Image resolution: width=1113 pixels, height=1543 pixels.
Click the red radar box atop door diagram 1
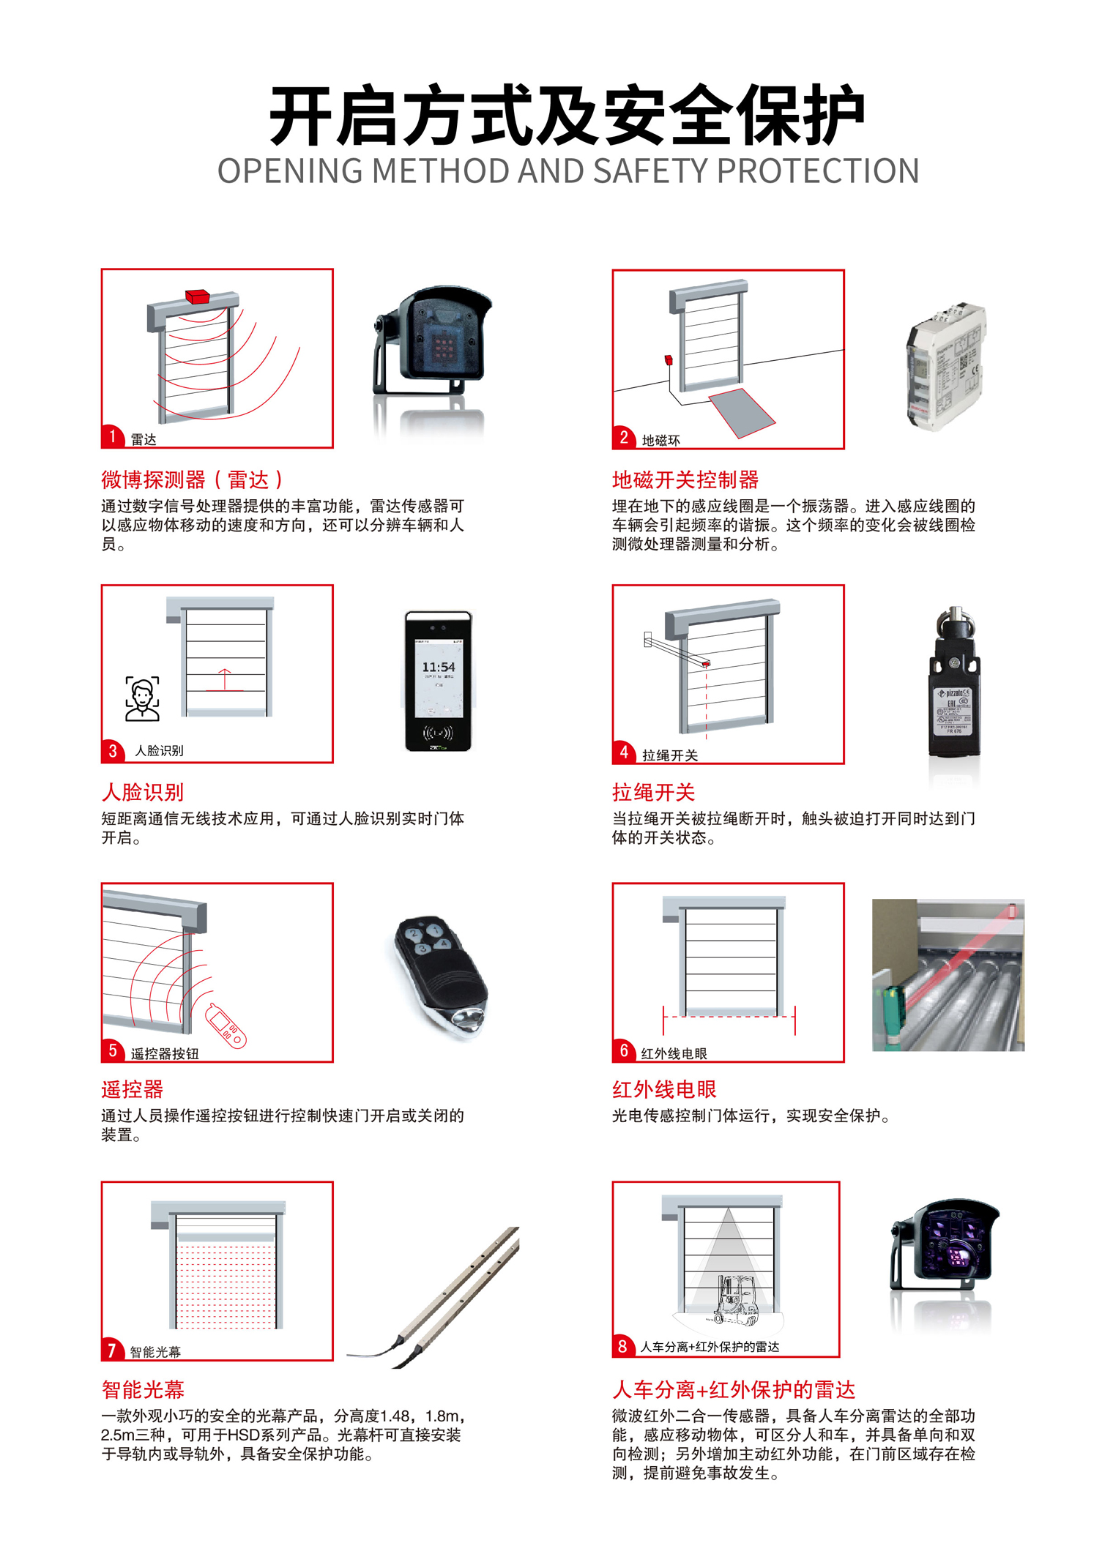[198, 296]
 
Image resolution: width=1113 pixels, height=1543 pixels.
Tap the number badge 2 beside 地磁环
[623, 438]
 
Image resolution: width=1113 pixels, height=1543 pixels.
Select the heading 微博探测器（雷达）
[192, 480]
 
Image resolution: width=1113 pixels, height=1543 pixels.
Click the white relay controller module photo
[945, 366]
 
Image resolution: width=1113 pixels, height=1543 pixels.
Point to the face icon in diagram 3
[142, 698]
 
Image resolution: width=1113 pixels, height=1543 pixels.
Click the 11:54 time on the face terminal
[438, 667]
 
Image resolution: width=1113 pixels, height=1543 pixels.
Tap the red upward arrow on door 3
[224, 679]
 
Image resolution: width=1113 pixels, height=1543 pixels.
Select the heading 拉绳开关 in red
[653, 792]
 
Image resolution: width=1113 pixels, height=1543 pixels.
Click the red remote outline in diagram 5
[226, 1025]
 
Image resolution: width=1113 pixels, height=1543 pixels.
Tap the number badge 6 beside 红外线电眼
[623, 1051]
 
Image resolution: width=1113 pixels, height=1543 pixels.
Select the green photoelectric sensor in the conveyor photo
[893, 1006]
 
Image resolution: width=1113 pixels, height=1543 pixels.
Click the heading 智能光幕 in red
[143, 1389]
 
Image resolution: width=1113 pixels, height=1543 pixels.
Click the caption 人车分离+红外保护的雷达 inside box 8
[710, 1347]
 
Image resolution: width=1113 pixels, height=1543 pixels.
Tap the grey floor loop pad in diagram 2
[742, 413]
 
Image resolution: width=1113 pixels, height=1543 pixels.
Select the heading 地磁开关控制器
[685, 480]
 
